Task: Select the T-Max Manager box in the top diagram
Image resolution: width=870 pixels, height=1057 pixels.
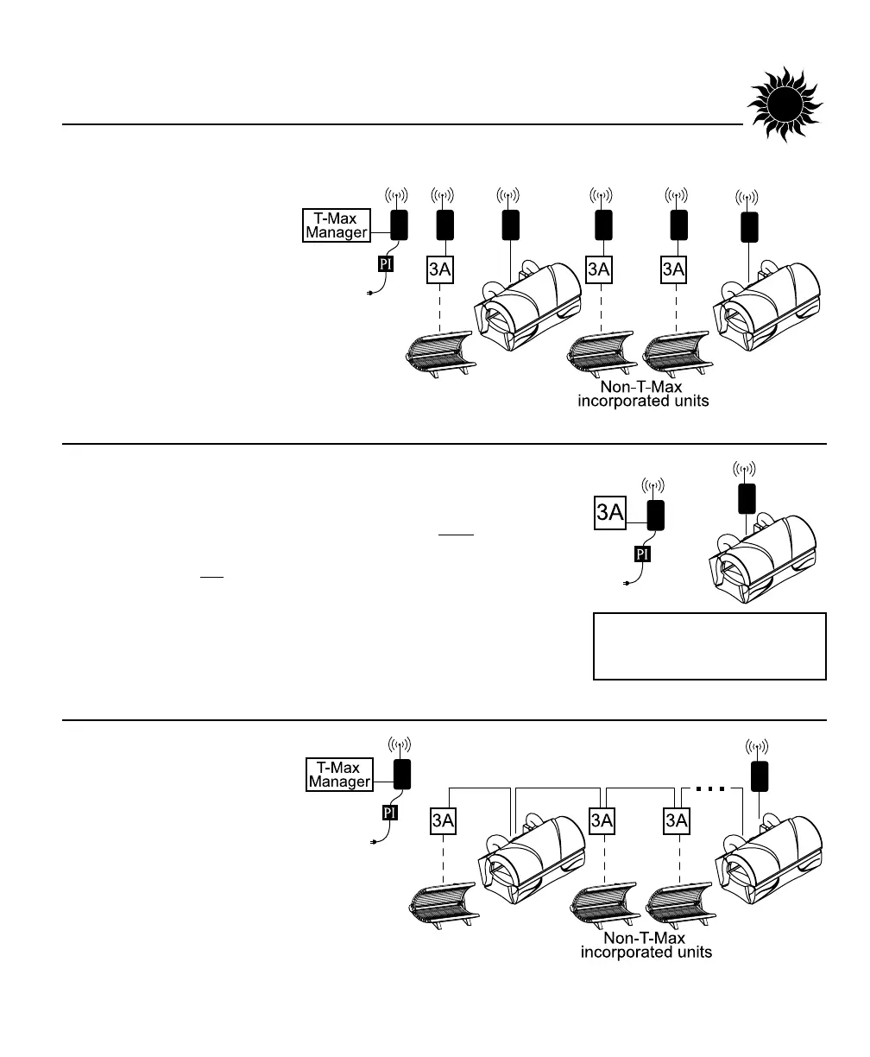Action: (x=337, y=225)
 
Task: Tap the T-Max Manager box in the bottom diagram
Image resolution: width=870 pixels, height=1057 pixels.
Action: (x=340, y=775)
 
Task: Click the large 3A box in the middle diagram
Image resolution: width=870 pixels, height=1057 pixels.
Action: (x=610, y=512)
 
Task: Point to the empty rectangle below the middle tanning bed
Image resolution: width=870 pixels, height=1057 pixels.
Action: (x=709, y=646)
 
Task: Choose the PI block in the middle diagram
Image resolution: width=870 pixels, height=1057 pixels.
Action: (x=642, y=554)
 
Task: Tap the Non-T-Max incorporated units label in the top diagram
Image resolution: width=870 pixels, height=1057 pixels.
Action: (x=643, y=395)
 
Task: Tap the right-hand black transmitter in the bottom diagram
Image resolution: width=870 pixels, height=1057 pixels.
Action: (x=760, y=775)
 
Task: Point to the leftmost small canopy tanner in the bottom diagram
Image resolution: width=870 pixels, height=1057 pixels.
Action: (x=441, y=902)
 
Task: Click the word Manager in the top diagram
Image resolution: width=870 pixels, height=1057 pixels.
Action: (x=337, y=231)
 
